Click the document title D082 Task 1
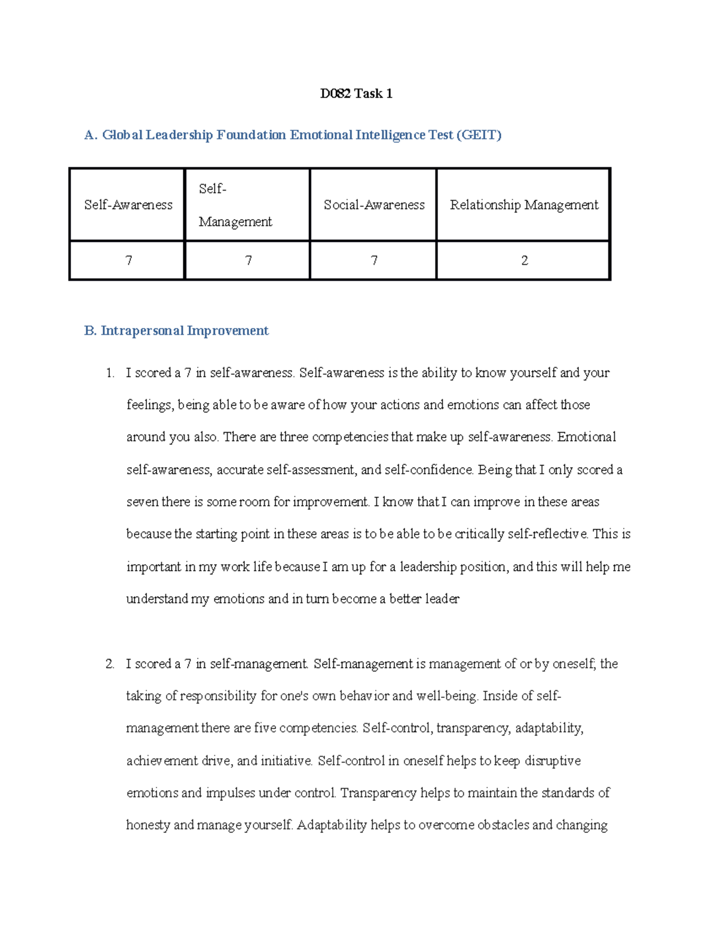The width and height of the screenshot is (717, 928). click(x=356, y=93)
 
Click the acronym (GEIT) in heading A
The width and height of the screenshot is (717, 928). click(x=479, y=135)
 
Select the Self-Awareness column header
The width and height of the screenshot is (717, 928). click(x=128, y=205)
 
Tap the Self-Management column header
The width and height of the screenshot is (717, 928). click(x=235, y=205)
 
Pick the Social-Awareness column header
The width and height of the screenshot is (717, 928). click(x=374, y=205)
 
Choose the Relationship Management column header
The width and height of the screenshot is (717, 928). click(x=523, y=205)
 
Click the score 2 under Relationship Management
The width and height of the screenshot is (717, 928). click(x=524, y=261)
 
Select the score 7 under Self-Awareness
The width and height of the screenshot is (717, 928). click(x=128, y=261)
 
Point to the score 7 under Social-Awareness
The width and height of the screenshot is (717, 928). click(x=374, y=261)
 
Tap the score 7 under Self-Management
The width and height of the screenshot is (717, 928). click(x=248, y=261)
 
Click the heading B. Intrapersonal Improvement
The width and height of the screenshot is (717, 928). click(x=176, y=331)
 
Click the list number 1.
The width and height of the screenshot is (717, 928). click(x=109, y=373)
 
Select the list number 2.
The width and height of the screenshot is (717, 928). click(x=109, y=664)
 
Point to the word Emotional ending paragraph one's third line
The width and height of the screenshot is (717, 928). click(x=586, y=437)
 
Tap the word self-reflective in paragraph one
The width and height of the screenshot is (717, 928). click(x=547, y=534)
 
